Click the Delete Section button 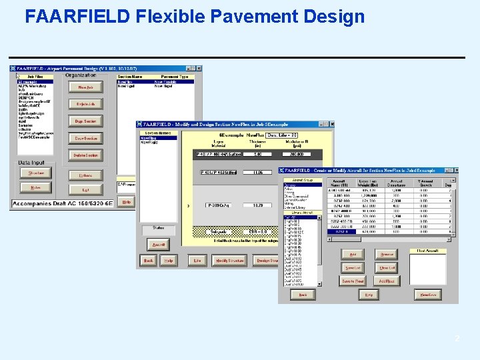(x=85, y=155)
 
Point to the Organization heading (x=81, y=75)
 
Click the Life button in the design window (x=197, y=261)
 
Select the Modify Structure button (x=229, y=261)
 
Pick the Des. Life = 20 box (x=281, y=135)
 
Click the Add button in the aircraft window (x=353, y=254)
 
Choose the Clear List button (x=387, y=267)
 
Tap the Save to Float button (x=353, y=281)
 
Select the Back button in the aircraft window (x=302, y=294)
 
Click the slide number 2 (x=457, y=339)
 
